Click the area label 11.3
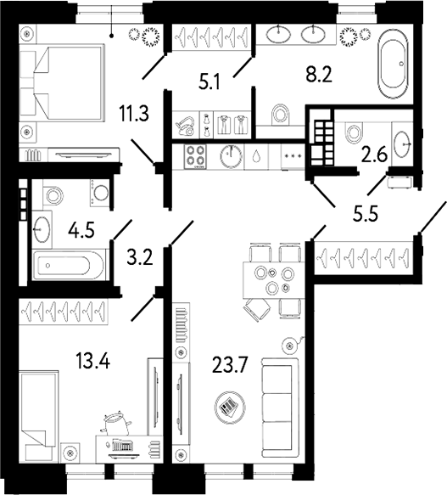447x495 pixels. click(136, 114)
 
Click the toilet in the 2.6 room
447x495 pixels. click(355, 132)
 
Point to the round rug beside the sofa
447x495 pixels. click(228, 406)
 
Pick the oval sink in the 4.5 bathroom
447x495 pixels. click(42, 227)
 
